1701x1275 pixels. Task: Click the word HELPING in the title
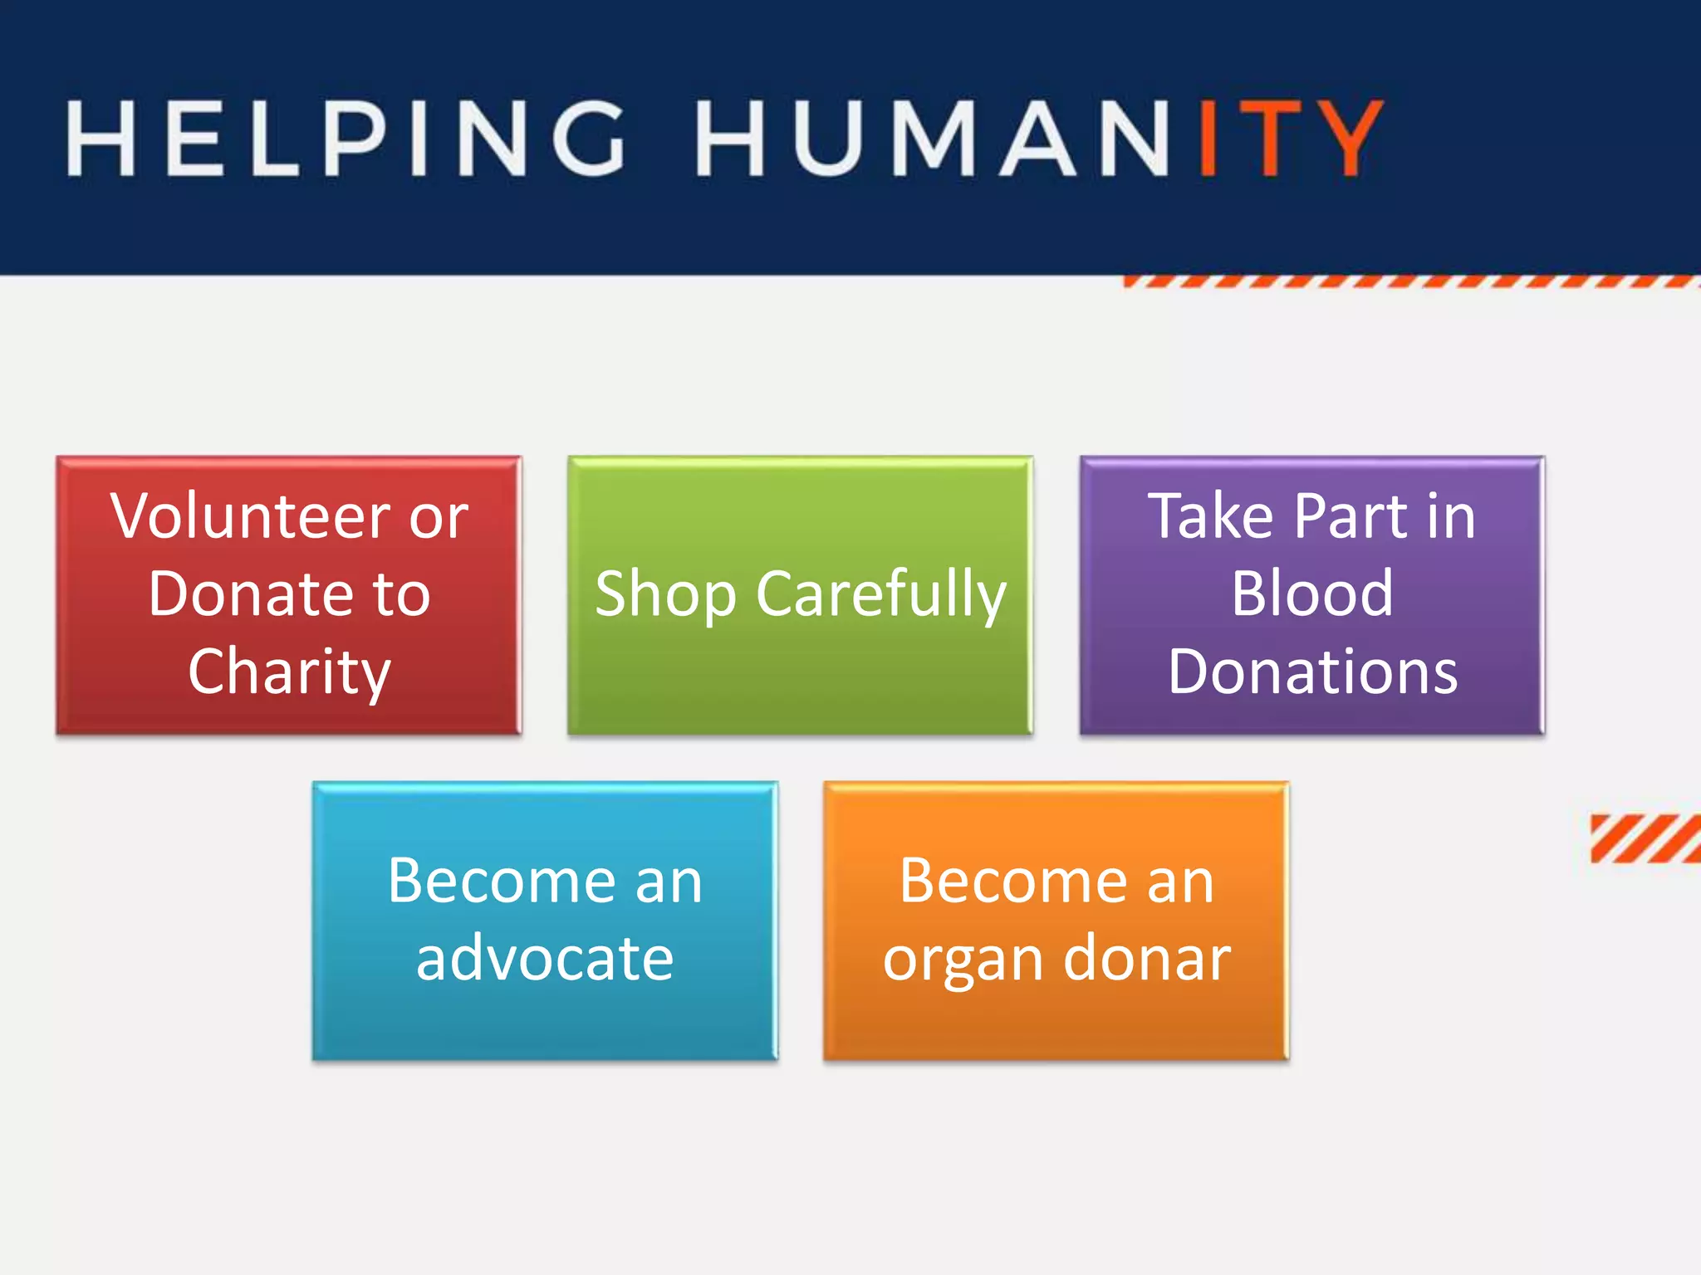tap(345, 138)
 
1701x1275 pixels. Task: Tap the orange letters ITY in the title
tap(1290, 138)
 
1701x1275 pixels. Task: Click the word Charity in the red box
tap(289, 672)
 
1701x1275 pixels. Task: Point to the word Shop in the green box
tap(665, 595)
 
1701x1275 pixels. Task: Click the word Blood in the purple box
tap(1312, 594)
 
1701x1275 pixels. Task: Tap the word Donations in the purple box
tap(1312, 672)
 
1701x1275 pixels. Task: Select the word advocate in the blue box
tap(545, 959)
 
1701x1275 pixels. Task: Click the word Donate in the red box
tap(248, 594)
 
